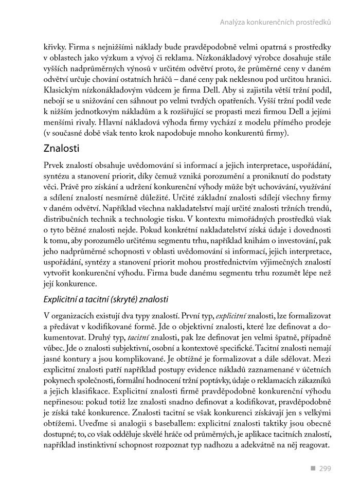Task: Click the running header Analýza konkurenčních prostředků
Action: click(x=275, y=22)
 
